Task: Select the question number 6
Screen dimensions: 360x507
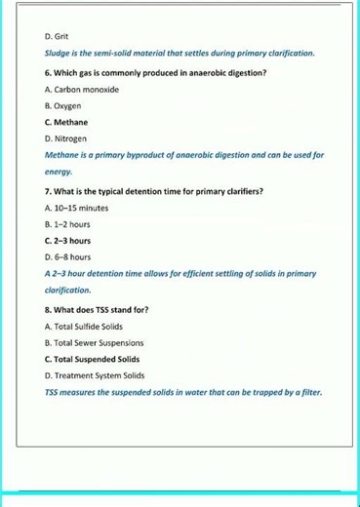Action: click(48, 73)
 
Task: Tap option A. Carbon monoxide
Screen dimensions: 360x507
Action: click(82, 89)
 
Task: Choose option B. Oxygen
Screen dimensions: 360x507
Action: click(63, 105)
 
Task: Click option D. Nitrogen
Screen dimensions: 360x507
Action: click(67, 138)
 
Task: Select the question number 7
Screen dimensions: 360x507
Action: click(48, 190)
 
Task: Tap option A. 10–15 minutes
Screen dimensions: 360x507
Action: click(77, 207)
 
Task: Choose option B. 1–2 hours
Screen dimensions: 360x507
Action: click(68, 223)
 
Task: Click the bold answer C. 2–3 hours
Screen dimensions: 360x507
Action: click(68, 240)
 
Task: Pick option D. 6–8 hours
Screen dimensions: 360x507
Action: click(68, 256)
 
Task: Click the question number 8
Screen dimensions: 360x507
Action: click(48, 309)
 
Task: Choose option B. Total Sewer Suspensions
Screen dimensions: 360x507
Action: click(95, 342)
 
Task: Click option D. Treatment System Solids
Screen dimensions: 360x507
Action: click(95, 375)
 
